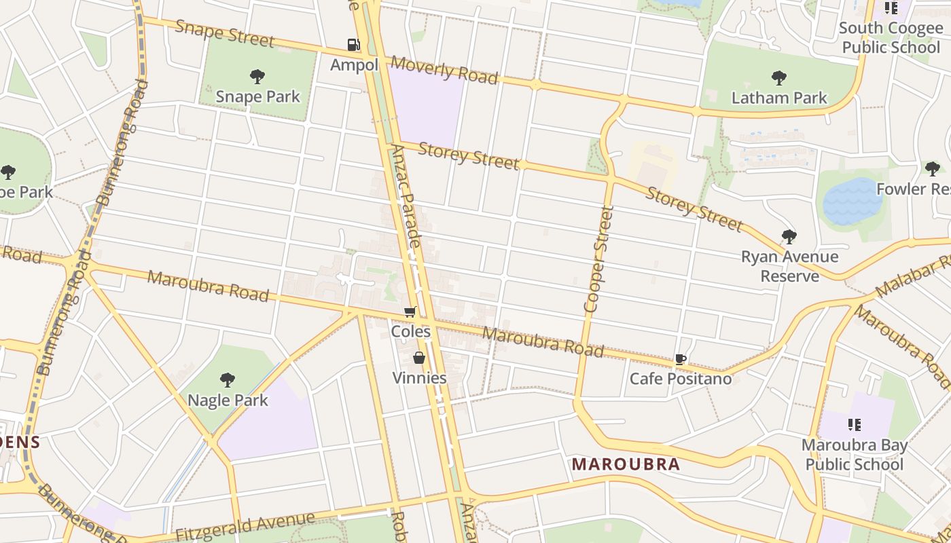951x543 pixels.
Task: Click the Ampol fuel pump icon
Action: pyautogui.click(x=353, y=45)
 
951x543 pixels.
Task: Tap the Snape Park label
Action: pyautogui.click(x=257, y=96)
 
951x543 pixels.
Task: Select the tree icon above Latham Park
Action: pyautogui.click(x=779, y=78)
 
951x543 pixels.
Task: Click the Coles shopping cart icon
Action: pyautogui.click(x=410, y=312)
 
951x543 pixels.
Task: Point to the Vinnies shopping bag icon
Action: pyautogui.click(x=419, y=358)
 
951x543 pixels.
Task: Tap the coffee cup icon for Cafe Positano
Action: pyautogui.click(x=680, y=359)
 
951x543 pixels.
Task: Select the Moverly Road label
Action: pyautogui.click(x=444, y=70)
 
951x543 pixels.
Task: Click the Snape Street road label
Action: pyautogui.click(x=224, y=34)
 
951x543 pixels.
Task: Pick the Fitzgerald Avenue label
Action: pyautogui.click(x=245, y=526)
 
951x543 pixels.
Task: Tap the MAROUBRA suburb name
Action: pyautogui.click(x=626, y=464)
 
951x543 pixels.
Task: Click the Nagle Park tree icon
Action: pyautogui.click(x=228, y=380)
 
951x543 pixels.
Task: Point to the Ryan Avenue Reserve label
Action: pyautogui.click(x=789, y=266)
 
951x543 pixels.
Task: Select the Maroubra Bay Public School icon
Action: pyautogui.click(x=854, y=426)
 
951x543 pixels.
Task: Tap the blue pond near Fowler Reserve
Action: pyautogui.click(x=852, y=202)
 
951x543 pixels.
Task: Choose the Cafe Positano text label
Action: pyautogui.click(x=681, y=379)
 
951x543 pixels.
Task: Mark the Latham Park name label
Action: pyautogui.click(x=779, y=98)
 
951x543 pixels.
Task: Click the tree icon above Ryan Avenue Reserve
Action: pyautogui.click(x=789, y=237)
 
